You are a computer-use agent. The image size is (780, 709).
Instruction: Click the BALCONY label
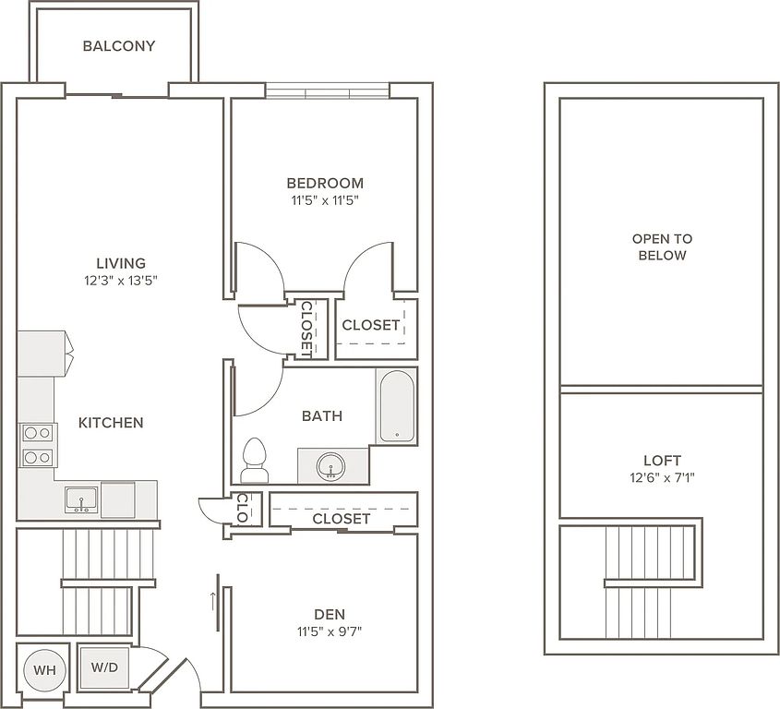click(x=119, y=46)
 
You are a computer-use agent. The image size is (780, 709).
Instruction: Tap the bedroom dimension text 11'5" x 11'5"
click(x=325, y=201)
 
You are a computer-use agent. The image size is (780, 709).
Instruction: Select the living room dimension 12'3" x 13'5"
click(x=121, y=281)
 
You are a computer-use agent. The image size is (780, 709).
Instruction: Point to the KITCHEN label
click(x=111, y=423)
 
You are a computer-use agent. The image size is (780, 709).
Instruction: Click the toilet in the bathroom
click(x=254, y=461)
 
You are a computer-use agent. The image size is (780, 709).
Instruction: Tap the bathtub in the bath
click(x=397, y=406)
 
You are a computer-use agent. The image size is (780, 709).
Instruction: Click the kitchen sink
click(x=81, y=499)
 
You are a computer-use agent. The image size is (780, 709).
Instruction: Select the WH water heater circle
click(x=45, y=669)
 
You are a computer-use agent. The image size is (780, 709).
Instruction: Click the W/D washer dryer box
click(x=104, y=667)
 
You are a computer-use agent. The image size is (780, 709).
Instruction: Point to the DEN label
click(x=330, y=614)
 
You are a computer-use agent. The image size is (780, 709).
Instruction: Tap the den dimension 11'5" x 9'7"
click(x=330, y=631)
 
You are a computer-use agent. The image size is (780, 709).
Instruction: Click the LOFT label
click(x=662, y=461)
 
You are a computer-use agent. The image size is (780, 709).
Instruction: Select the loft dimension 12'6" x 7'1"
click(x=662, y=478)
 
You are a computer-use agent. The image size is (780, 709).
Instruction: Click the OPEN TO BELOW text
click(x=662, y=246)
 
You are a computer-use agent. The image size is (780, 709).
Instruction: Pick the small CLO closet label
click(x=242, y=508)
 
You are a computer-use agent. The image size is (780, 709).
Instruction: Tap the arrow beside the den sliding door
click(x=213, y=602)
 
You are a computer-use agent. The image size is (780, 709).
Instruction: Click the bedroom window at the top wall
click(x=328, y=91)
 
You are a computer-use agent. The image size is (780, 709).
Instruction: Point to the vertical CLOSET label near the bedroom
click(x=307, y=330)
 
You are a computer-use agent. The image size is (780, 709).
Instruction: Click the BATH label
click(x=322, y=416)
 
